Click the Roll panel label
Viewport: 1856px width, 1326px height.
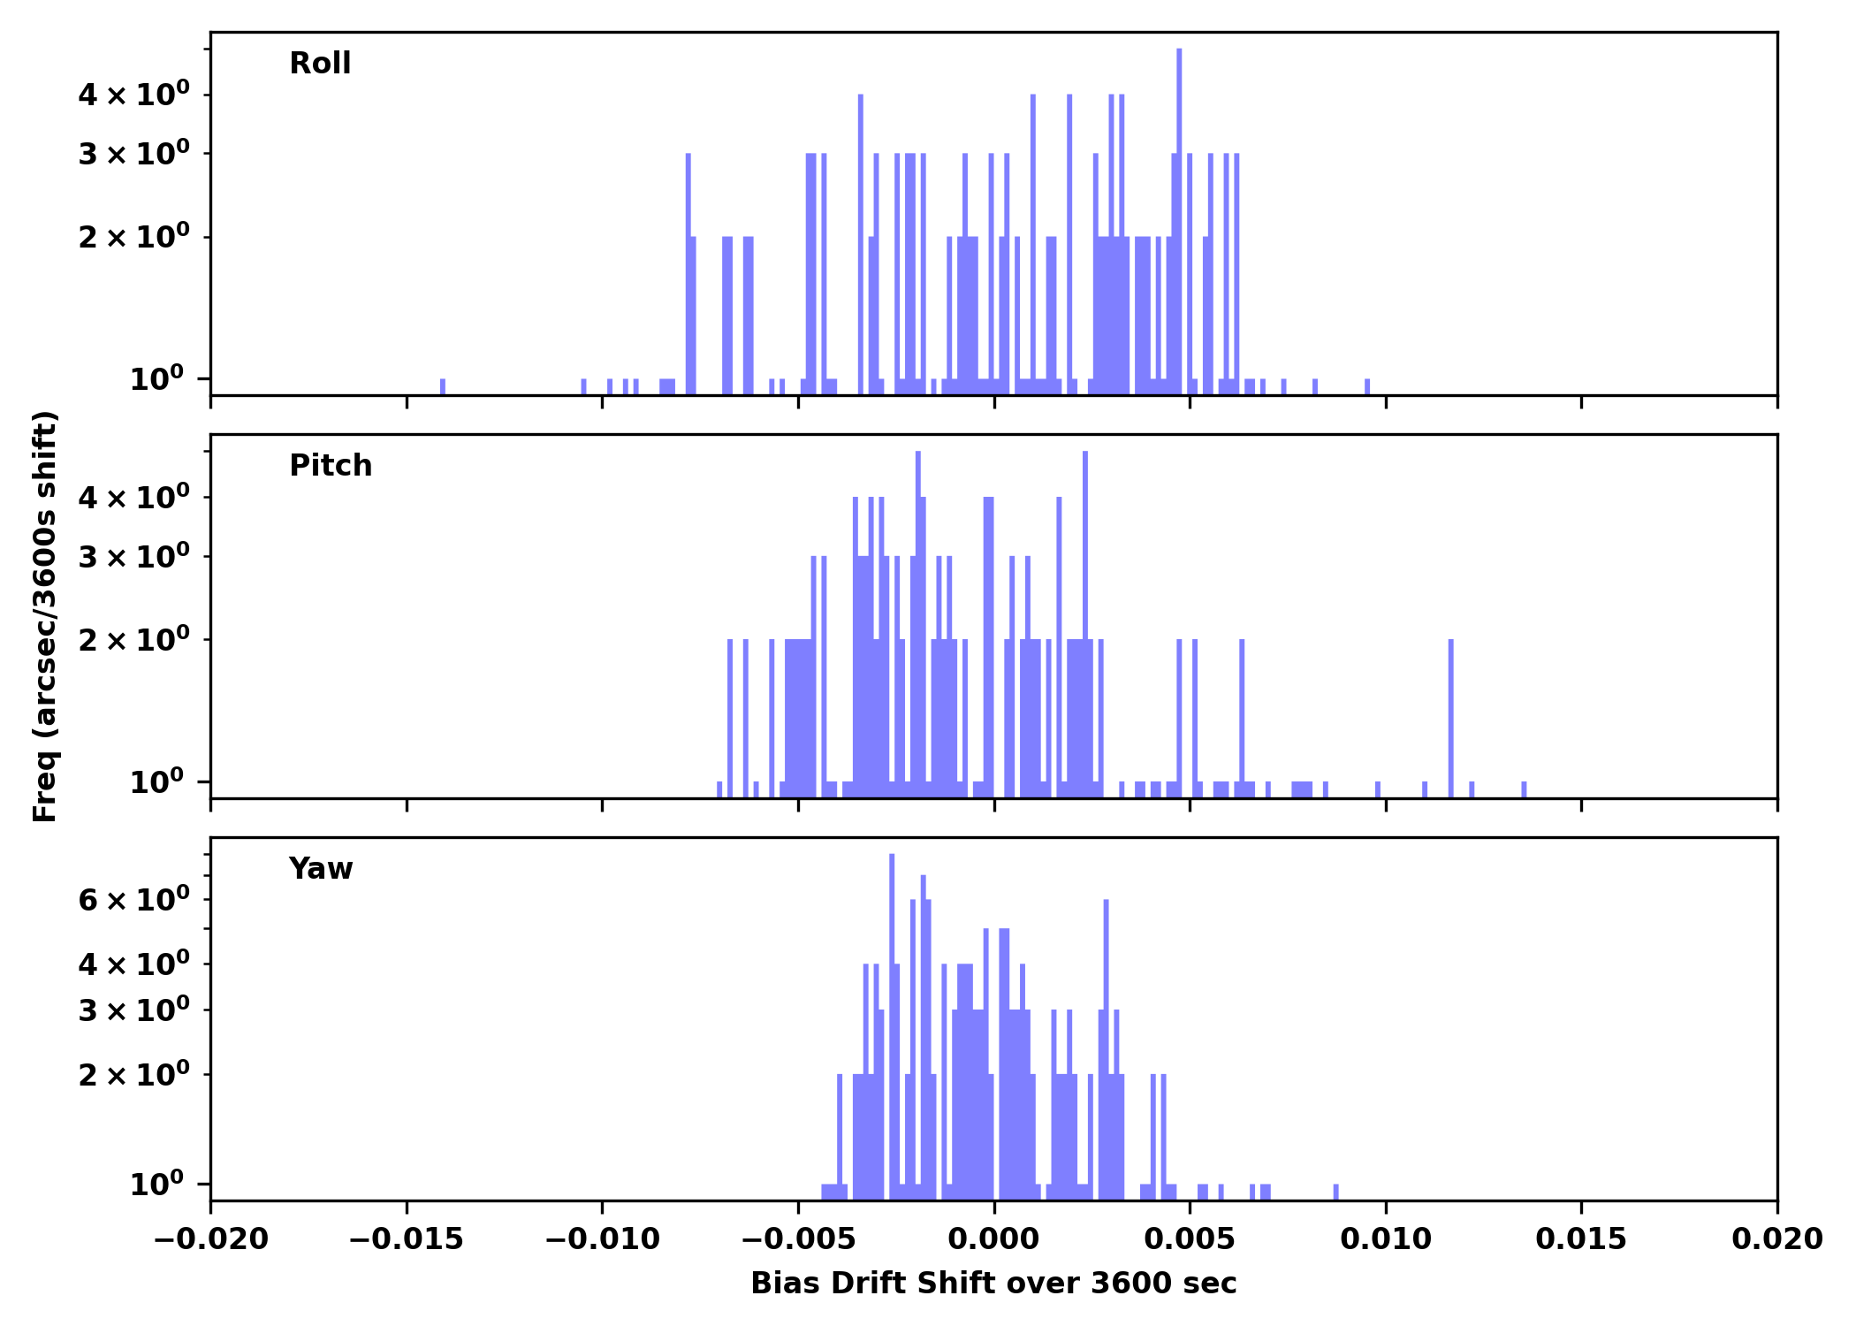point(320,64)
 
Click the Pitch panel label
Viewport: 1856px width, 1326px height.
point(331,466)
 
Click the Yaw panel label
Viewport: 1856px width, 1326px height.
point(321,869)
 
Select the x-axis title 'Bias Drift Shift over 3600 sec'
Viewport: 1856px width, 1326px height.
point(993,1284)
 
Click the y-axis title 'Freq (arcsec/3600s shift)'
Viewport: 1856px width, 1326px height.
point(45,616)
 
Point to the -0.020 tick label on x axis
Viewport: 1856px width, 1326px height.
point(210,1239)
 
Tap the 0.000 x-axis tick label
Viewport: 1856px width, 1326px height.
point(993,1239)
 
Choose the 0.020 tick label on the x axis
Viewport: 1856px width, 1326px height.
point(1776,1239)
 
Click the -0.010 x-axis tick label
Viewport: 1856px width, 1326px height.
point(602,1239)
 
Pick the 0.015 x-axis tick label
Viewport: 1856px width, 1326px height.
point(1581,1239)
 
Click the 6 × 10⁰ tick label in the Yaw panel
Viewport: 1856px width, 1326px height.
point(133,901)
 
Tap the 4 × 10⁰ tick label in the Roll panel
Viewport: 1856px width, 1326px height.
point(133,95)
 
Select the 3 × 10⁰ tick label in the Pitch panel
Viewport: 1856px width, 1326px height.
point(133,557)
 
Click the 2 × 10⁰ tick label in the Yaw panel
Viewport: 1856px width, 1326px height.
point(133,1075)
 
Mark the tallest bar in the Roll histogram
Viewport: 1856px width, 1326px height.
point(1179,221)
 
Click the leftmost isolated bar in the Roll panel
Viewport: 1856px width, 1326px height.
point(443,386)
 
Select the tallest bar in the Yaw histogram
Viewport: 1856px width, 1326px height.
point(892,1025)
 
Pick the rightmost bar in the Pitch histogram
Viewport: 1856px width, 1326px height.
point(1524,789)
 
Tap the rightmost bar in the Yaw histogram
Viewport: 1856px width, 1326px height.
point(1335,1192)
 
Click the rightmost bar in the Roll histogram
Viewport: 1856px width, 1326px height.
point(1367,386)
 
